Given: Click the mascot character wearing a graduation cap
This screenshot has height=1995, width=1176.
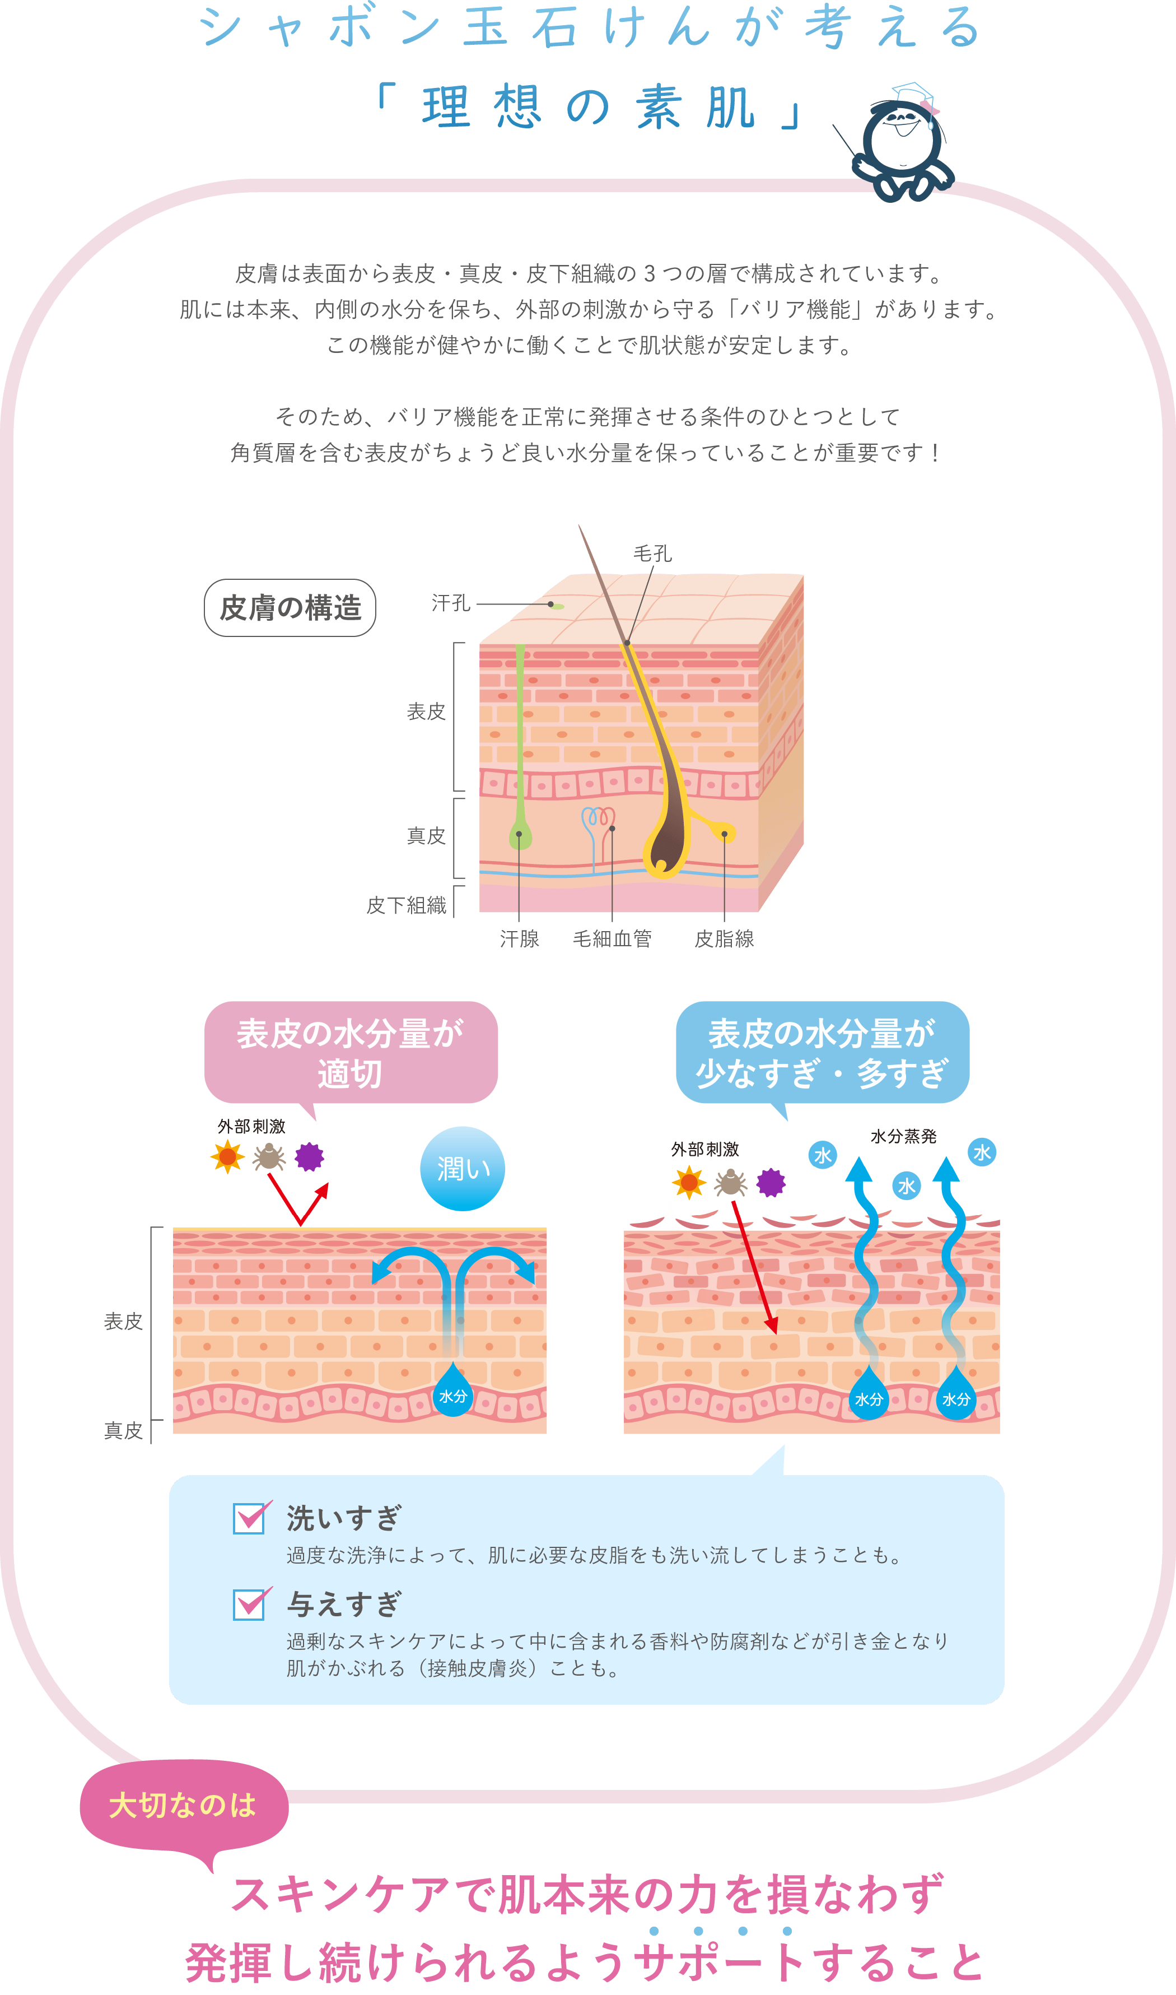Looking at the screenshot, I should [x=903, y=143].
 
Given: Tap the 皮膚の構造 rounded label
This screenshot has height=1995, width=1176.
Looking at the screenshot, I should [x=290, y=608].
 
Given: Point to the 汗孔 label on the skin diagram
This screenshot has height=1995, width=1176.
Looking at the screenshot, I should [x=451, y=604].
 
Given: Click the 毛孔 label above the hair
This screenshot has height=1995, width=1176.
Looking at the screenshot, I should [x=652, y=554].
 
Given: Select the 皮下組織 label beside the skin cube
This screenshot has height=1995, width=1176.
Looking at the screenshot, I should [x=407, y=905].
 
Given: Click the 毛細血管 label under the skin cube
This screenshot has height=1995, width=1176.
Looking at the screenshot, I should [x=612, y=940].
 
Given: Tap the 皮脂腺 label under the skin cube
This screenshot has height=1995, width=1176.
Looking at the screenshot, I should [x=724, y=940].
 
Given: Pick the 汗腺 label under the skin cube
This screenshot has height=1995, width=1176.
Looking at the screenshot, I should [x=519, y=940].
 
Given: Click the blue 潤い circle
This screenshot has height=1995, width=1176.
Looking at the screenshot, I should [x=462, y=1168].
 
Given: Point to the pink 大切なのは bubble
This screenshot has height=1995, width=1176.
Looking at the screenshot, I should [x=183, y=1806].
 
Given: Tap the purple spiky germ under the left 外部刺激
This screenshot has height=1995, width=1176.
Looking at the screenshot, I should [x=309, y=1156].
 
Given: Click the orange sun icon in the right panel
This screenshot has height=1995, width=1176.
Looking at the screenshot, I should [x=689, y=1183].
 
